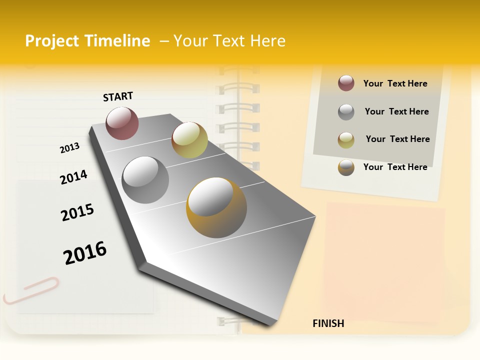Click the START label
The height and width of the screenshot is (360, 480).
pos(118,96)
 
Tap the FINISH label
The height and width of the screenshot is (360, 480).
pos(328,323)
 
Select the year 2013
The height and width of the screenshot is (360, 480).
pos(69,148)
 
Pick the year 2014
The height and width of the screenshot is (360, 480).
pos(73,177)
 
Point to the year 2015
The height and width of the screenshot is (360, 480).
pos(77,212)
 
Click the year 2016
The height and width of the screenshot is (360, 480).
pos(85,253)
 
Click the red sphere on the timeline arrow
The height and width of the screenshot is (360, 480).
pos(122,123)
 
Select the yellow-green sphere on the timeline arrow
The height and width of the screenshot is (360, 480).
pos(189,140)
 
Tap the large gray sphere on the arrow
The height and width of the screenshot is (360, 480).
pos(145,179)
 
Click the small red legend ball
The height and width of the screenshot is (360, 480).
pos(346,83)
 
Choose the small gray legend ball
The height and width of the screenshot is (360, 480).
pos(346,111)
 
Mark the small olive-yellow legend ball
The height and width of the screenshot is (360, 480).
pos(346,139)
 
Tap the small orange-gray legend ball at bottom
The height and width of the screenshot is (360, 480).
pos(346,167)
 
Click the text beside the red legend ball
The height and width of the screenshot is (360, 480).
pos(395,83)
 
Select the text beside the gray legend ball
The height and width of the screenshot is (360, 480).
pos(396,111)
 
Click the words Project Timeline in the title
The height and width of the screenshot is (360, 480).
pos(87,41)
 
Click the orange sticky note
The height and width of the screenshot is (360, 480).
pos(385,260)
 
